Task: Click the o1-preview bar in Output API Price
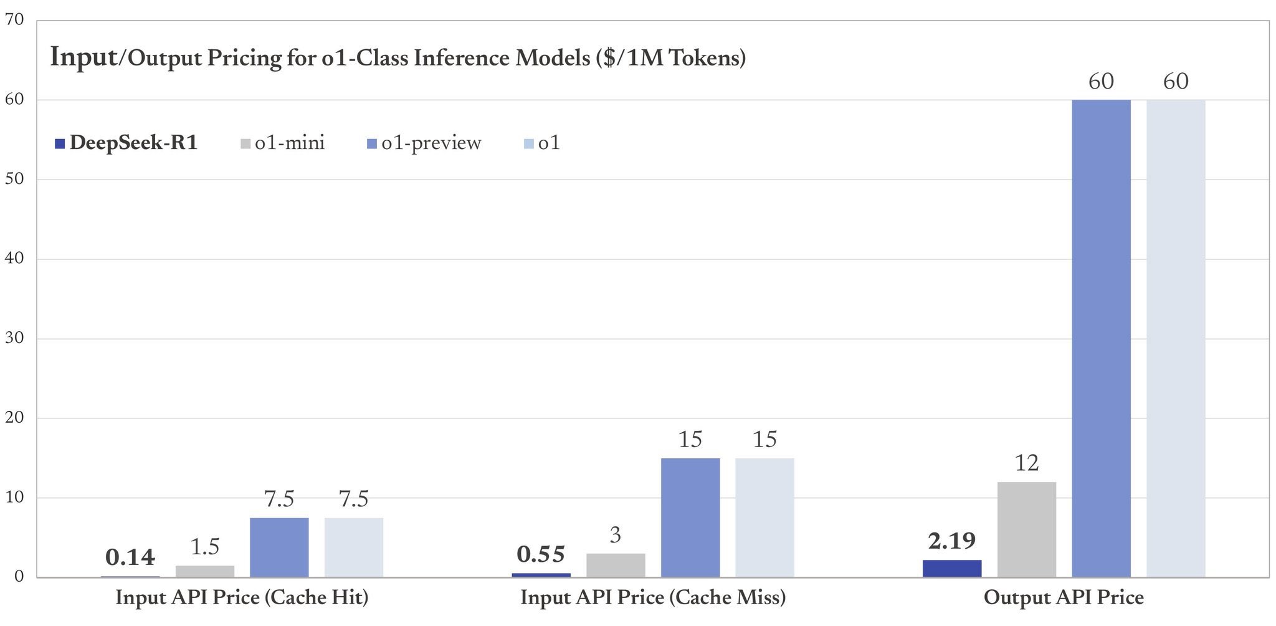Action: [1101, 338]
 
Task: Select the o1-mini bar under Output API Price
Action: [1026, 529]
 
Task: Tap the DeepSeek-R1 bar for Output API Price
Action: [951, 569]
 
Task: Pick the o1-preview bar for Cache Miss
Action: [690, 518]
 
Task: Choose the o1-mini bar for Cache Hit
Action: [205, 571]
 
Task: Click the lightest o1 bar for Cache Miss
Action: [764, 518]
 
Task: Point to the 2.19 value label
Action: [951, 541]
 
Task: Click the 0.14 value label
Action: [130, 557]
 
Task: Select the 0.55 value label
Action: [541, 554]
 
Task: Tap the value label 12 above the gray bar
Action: [1026, 463]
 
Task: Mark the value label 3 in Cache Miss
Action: [615, 535]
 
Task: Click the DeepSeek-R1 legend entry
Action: [126, 143]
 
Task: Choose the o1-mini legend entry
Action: [283, 143]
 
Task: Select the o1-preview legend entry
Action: [424, 143]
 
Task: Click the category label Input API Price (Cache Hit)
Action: [242, 598]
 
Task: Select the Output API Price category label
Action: [1064, 598]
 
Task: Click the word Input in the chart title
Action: [83, 57]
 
